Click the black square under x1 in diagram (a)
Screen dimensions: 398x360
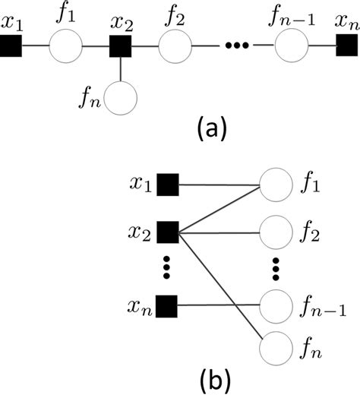[11, 49]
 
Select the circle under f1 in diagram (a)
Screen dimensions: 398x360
[66, 49]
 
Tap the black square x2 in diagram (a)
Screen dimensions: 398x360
[122, 49]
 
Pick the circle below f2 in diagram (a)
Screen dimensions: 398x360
[175, 49]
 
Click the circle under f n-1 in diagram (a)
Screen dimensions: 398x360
[291, 49]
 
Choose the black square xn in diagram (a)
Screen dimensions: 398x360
[346, 49]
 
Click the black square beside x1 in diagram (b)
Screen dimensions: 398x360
[167, 184]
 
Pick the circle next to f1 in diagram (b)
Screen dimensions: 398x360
[275, 184]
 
